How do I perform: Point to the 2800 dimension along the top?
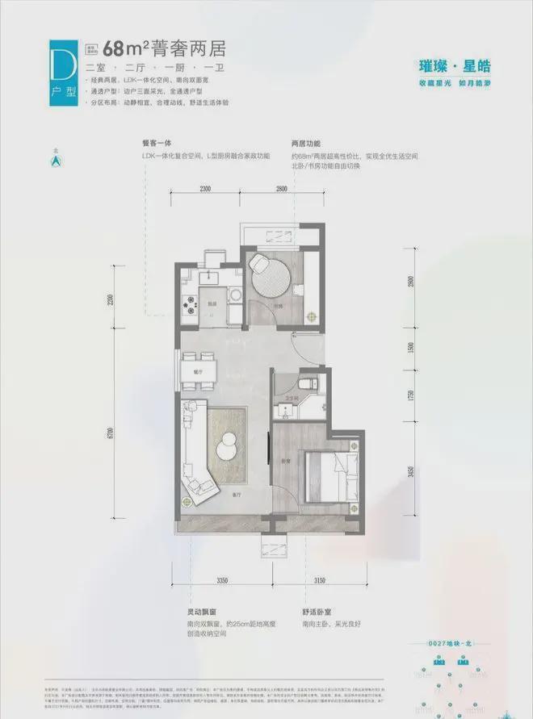280,188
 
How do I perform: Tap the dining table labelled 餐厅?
196,371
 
